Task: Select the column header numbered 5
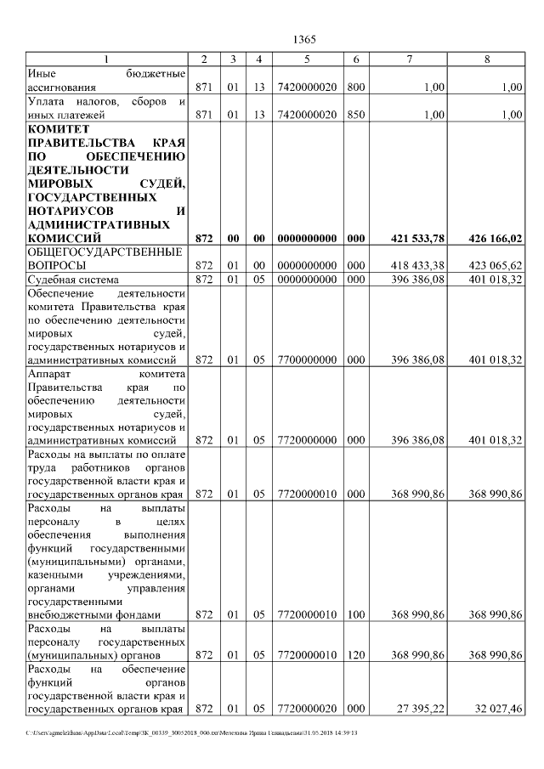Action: (x=307, y=59)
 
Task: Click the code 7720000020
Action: (x=307, y=709)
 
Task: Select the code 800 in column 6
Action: (x=356, y=87)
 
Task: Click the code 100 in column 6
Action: (x=356, y=614)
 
